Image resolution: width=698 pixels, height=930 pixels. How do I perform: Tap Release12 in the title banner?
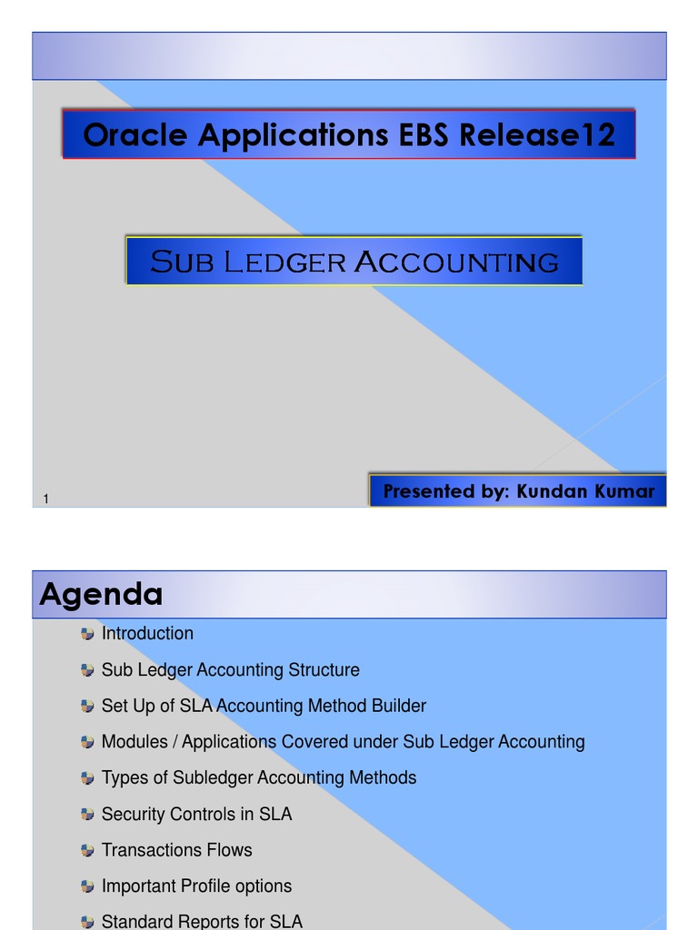pyautogui.click(x=537, y=135)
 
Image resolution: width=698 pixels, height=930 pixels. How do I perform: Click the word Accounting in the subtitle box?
pyautogui.click(x=456, y=262)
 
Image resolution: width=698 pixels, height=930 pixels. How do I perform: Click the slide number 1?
pyautogui.click(x=45, y=498)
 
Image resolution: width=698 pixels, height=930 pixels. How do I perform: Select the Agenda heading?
pyautogui.click(x=101, y=595)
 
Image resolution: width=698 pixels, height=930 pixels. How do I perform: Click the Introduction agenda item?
pyautogui.click(x=147, y=633)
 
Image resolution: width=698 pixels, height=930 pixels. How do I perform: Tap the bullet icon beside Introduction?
pyautogui.click(x=87, y=634)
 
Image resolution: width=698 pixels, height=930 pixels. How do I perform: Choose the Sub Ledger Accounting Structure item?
pyautogui.click(x=230, y=669)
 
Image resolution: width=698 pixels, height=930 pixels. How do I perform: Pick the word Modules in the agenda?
pyautogui.click(x=135, y=742)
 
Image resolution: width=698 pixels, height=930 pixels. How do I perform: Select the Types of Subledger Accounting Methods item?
pyautogui.click(x=259, y=777)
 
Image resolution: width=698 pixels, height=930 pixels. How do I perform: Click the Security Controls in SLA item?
pyautogui.click(x=196, y=814)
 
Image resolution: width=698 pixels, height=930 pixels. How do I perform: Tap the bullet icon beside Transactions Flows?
pyautogui.click(x=87, y=851)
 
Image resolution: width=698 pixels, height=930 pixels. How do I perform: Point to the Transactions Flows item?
pyautogui.click(x=176, y=850)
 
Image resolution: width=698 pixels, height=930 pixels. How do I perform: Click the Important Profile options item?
pyautogui.click(x=196, y=885)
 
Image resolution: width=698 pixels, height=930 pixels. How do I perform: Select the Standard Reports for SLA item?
pyautogui.click(x=202, y=921)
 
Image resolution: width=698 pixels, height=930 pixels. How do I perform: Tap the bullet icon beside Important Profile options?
pyautogui.click(x=87, y=886)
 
